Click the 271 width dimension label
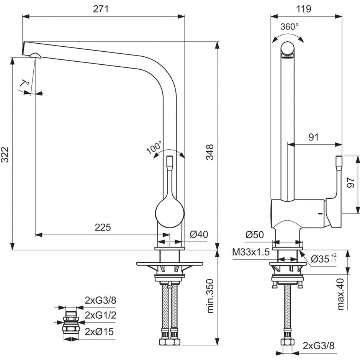click(x=101, y=9)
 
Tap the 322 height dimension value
click(x=5, y=154)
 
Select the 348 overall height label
click(x=209, y=152)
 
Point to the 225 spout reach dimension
click(x=103, y=227)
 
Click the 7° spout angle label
click(x=24, y=83)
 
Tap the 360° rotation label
click(x=290, y=27)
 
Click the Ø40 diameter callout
click(x=199, y=234)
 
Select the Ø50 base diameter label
click(x=255, y=234)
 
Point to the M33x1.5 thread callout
click(x=251, y=252)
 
